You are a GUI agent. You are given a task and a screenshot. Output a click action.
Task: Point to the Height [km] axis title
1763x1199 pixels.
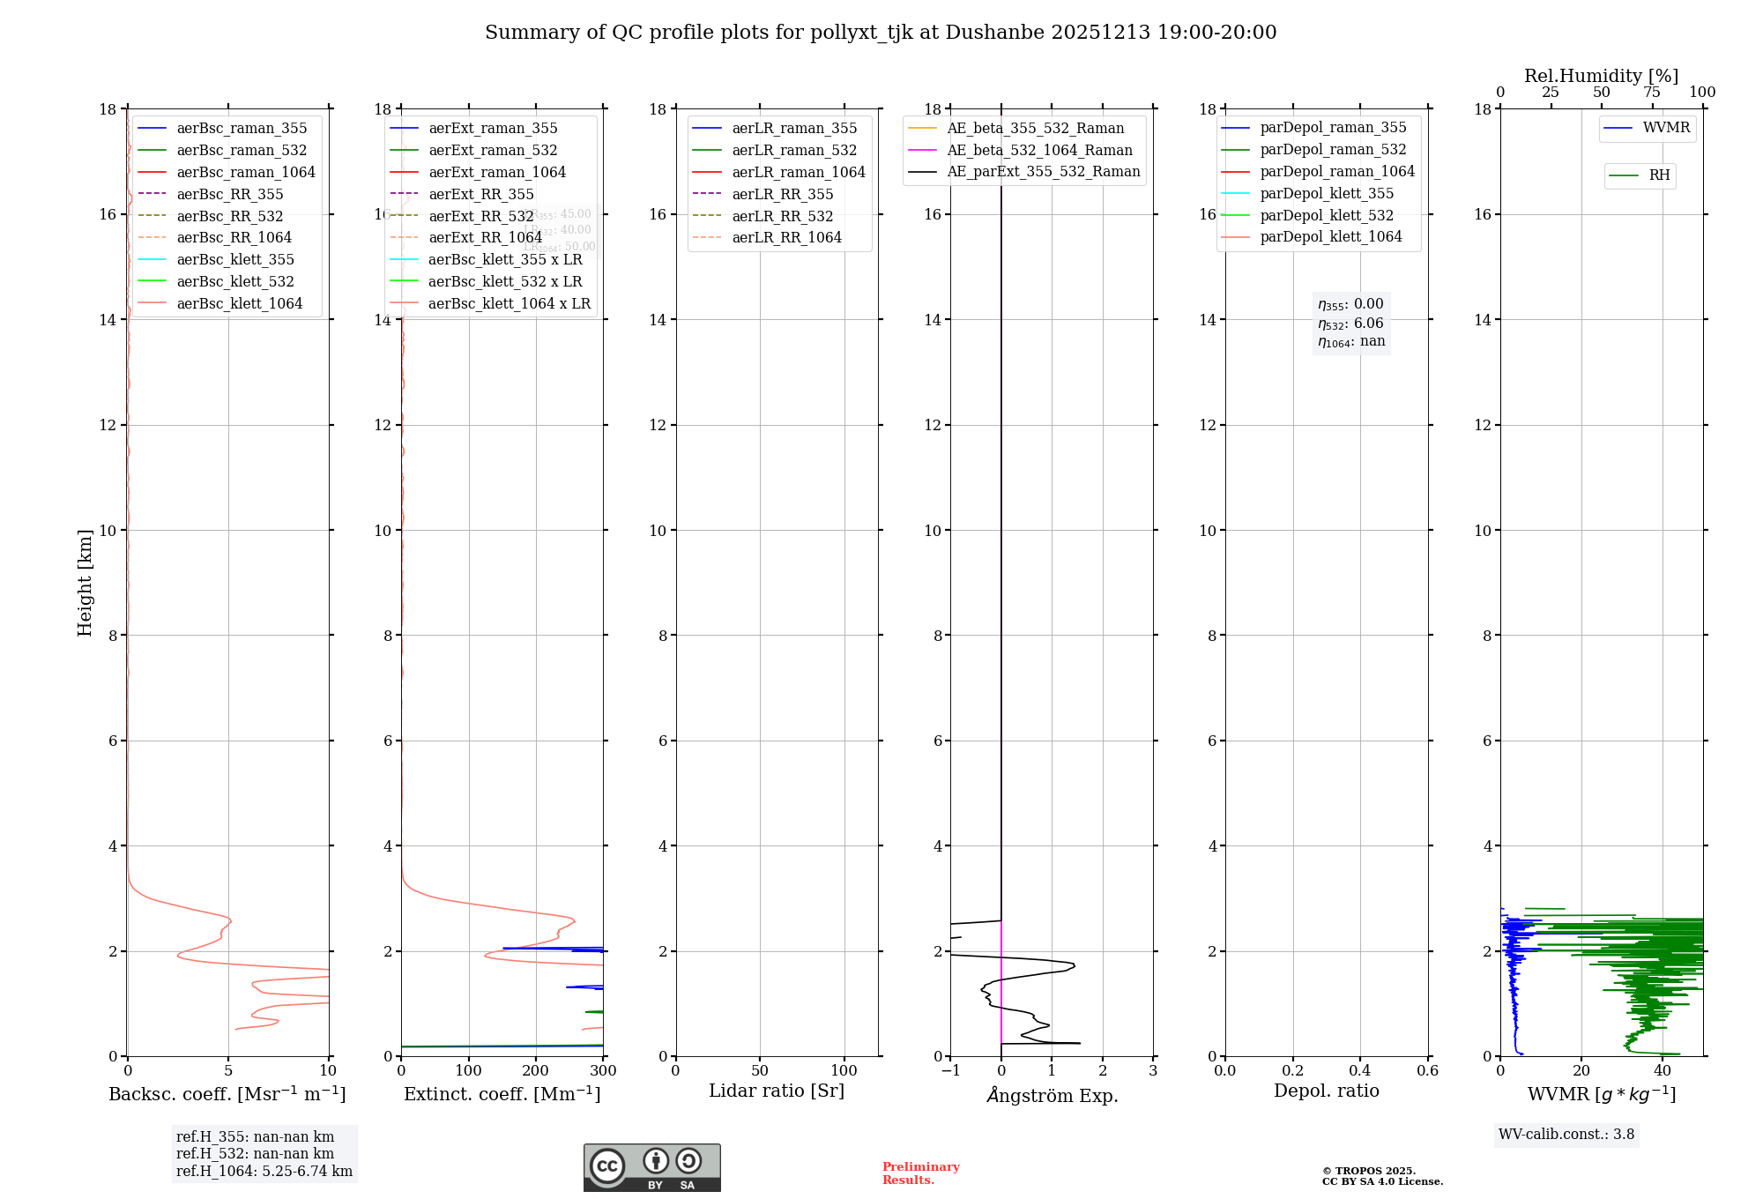[85, 582]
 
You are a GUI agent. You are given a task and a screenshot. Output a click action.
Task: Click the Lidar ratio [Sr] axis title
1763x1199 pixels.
[777, 1091]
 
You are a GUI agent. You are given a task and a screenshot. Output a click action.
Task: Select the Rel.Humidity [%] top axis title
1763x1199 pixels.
[1601, 76]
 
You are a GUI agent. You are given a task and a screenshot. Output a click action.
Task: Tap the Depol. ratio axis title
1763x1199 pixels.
[1327, 1091]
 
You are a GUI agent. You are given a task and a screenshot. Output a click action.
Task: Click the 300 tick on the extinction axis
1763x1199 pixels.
[604, 1071]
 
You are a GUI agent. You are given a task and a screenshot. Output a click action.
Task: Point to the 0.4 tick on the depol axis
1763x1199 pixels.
[1360, 1071]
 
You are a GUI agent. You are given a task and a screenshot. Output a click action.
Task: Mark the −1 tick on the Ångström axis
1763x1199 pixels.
[950, 1071]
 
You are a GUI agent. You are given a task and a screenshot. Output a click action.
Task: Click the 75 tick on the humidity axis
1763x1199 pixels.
[1652, 93]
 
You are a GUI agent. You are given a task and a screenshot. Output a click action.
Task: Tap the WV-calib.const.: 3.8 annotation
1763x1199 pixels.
[1566, 1135]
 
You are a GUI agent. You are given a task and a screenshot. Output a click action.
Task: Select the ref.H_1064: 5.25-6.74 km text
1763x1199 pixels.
[264, 1171]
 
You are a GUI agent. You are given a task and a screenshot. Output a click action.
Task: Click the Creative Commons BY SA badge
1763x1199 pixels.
[651, 1168]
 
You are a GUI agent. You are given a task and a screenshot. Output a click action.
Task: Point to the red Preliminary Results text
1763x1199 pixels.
[920, 1173]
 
